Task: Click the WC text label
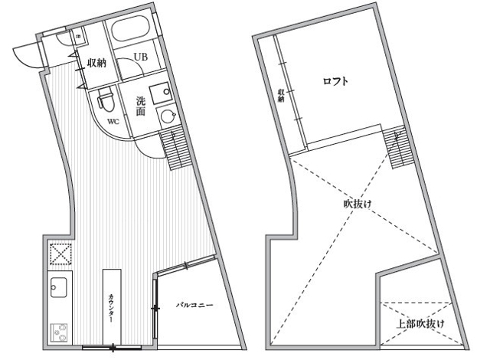(x=112, y=122)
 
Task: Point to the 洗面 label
(x=141, y=106)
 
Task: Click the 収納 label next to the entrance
(x=96, y=63)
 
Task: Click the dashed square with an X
(x=59, y=254)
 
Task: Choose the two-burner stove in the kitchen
(x=59, y=331)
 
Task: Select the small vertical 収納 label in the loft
(x=281, y=95)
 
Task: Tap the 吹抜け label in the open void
(x=356, y=205)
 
